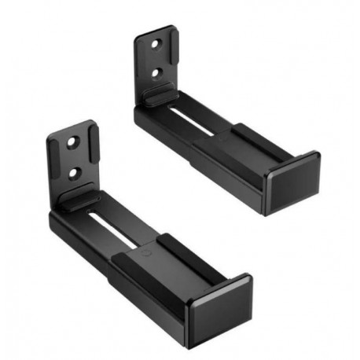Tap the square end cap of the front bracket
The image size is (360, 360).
coord(219,309)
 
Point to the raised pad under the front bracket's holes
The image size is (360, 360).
coord(79,198)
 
